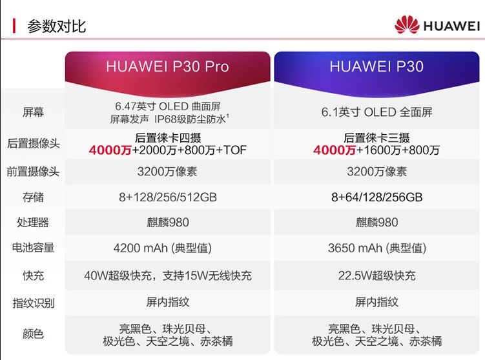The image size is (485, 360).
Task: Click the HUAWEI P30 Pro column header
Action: pos(167,67)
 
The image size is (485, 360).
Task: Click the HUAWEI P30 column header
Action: pos(377,67)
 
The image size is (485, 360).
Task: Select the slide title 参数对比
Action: pos(56,26)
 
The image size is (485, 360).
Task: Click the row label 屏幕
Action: pos(33,112)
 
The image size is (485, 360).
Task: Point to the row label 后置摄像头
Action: pos(33,143)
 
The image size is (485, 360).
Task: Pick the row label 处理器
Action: pos(33,223)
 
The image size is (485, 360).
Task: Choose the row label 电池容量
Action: pos(33,247)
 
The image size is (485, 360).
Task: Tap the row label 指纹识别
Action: pos(33,303)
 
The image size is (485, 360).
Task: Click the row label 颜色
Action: pos(33,334)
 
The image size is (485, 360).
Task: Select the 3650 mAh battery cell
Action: pos(377,248)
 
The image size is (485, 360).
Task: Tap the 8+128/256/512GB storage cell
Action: pos(167,197)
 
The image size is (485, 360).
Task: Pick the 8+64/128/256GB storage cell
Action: pos(377,197)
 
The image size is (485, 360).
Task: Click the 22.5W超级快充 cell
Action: pos(377,275)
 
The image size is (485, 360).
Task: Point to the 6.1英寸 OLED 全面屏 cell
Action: pos(377,112)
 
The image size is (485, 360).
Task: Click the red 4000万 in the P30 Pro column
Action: pos(110,150)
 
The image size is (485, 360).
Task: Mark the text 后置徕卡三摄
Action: pos(377,137)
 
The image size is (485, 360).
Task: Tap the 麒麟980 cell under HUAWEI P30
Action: pos(377,223)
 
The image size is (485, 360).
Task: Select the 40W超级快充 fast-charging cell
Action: pos(167,275)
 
